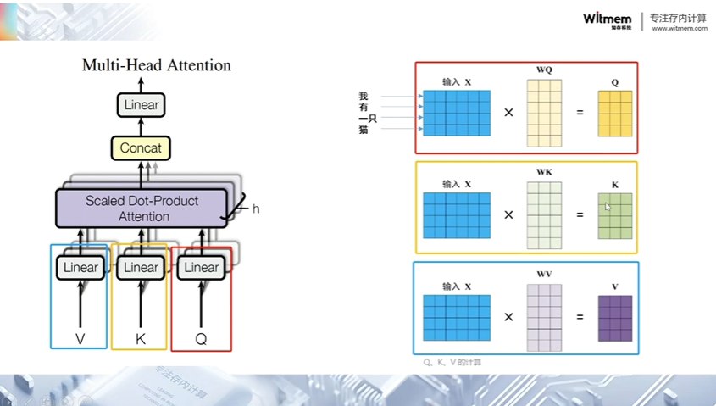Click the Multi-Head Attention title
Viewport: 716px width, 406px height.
coord(157,65)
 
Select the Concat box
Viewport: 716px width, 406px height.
coord(141,148)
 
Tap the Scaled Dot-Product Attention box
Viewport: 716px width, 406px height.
coord(141,209)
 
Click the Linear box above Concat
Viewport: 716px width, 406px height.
coord(141,105)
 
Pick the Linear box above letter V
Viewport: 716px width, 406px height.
coord(80,268)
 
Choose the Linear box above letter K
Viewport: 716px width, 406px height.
coord(141,268)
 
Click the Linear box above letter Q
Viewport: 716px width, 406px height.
coord(201,268)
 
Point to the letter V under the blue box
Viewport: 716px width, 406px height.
coord(80,339)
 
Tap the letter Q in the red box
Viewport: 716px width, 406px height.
coord(201,339)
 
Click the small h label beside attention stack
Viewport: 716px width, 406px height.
coord(256,208)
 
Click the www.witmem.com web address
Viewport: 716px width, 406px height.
coord(680,28)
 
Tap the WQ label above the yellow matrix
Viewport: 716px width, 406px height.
coord(544,70)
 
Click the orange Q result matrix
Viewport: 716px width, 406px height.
coord(614,114)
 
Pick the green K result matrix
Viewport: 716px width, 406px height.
coord(614,215)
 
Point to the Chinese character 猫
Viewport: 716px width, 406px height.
coord(364,130)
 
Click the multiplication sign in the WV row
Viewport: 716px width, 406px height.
coord(508,317)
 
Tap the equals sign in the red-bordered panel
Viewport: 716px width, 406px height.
coord(580,113)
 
